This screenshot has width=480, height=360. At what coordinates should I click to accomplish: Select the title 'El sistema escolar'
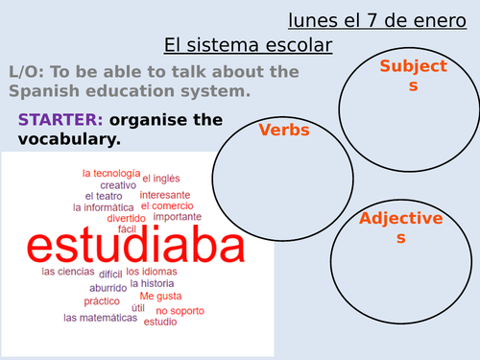[249, 44]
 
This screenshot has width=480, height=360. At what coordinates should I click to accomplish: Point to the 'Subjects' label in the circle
[413, 76]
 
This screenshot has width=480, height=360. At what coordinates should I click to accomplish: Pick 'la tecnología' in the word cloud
[109, 173]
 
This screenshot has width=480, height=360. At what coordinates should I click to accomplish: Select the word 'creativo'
[118, 184]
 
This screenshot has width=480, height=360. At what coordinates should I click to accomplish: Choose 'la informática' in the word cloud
[103, 206]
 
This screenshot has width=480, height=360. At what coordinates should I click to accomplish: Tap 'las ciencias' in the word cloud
[66, 272]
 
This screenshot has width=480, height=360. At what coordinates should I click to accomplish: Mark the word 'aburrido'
[107, 287]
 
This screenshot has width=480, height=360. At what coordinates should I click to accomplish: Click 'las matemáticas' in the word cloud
[100, 317]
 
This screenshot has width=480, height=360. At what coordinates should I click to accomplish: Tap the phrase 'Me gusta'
[159, 296]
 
